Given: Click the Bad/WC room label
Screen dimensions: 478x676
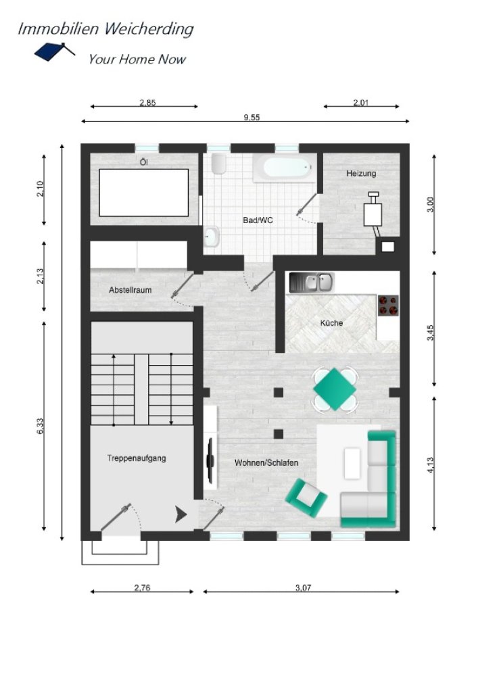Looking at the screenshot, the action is pyautogui.click(x=258, y=220).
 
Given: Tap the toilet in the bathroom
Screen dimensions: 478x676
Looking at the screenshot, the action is pyautogui.click(x=219, y=164).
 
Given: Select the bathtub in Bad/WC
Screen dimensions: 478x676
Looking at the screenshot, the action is pyautogui.click(x=285, y=168).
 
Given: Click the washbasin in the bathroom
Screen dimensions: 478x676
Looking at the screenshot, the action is pyautogui.click(x=211, y=237).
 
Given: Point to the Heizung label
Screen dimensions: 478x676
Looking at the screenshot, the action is pyautogui.click(x=361, y=173).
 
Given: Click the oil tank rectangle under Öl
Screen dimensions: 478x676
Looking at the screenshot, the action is pyautogui.click(x=144, y=192).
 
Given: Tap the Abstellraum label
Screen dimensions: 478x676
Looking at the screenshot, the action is pyautogui.click(x=130, y=290).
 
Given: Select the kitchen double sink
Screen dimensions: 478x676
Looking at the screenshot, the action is pyautogui.click(x=312, y=283).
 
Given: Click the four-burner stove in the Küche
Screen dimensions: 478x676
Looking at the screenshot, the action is pyautogui.click(x=388, y=305).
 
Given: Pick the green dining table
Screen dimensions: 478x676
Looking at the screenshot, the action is pyautogui.click(x=335, y=389).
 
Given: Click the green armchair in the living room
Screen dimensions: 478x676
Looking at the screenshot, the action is pyautogui.click(x=306, y=498).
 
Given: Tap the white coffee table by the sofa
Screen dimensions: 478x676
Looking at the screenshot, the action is pyautogui.click(x=352, y=463).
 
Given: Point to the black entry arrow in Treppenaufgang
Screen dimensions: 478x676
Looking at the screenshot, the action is pyautogui.click(x=181, y=514).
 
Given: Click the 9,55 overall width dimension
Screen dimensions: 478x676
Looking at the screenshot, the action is pyautogui.click(x=252, y=117).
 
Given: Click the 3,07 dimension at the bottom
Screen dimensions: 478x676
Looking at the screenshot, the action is pyautogui.click(x=303, y=587).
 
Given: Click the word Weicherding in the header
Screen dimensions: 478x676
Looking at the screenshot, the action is pyautogui.click(x=149, y=29).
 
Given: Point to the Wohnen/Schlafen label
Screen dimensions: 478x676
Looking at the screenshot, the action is pyautogui.click(x=266, y=462).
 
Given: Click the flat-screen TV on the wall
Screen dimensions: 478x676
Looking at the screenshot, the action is pyautogui.click(x=211, y=460).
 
